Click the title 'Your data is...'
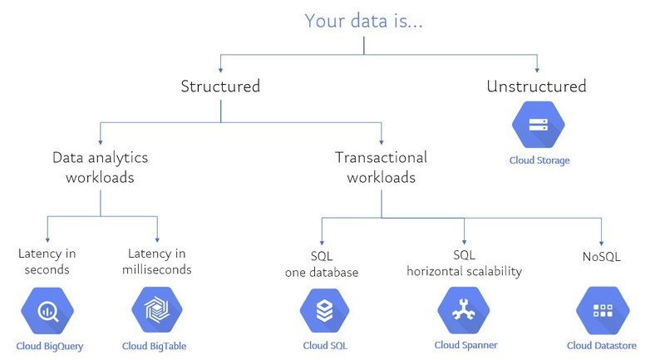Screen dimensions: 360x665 pyautogui.click(x=364, y=21)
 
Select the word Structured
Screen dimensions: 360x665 pyautogui.click(x=220, y=86)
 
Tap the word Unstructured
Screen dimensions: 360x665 pyautogui.click(x=536, y=86)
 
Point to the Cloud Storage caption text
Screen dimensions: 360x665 pyautogui.click(x=539, y=160)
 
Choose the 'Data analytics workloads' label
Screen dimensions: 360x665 pyautogui.click(x=101, y=166)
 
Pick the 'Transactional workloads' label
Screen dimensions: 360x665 pyautogui.click(x=381, y=166)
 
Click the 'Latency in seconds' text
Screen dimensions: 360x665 pyautogui.click(x=47, y=261)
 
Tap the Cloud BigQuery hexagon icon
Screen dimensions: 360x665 pyautogui.click(x=47, y=311)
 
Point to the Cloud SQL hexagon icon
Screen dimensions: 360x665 pyautogui.click(x=324, y=311)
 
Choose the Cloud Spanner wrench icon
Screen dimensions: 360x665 pyautogui.click(x=463, y=311)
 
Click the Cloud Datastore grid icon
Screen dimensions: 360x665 pyautogui.click(x=601, y=311)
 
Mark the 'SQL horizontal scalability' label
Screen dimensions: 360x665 pyautogui.click(x=464, y=264)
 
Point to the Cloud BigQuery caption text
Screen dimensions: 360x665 pyautogui.click(x=50, y=346)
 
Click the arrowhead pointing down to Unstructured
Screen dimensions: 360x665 pyautogui.click(x=537, y=69)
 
